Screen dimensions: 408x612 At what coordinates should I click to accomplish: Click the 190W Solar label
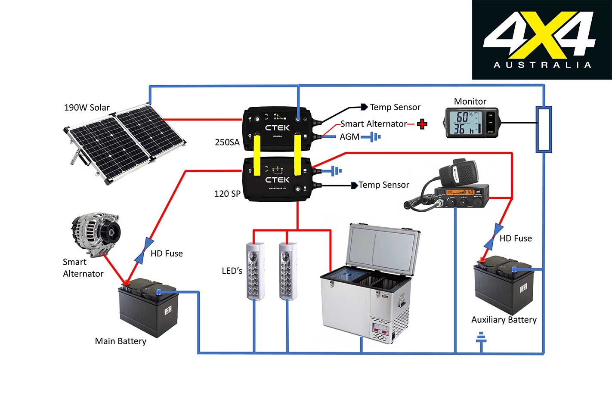(87, 108)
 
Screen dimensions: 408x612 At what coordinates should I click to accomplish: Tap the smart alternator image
(96, 232)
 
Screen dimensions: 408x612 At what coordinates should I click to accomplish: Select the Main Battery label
(121, 341)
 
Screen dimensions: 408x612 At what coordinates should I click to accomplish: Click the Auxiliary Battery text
(504, 320)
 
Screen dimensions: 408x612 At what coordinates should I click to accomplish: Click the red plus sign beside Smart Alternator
(422, 124)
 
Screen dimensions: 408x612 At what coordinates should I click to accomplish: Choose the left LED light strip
(254, 271)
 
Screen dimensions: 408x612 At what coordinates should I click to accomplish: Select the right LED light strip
(287, 271)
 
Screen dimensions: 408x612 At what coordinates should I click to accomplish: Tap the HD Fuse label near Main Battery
(167, 253)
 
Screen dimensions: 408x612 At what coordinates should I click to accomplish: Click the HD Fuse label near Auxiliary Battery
(516, 238)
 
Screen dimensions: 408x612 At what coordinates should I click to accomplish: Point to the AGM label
(349, 137)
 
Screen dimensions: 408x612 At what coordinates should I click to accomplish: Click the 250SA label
(227, 142)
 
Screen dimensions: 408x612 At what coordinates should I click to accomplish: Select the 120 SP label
(227, 194)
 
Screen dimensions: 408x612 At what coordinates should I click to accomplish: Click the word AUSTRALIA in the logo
(542, 65)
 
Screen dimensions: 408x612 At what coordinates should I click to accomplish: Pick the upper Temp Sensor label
(395, 107)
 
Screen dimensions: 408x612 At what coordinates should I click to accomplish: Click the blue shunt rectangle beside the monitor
(544, 130)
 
